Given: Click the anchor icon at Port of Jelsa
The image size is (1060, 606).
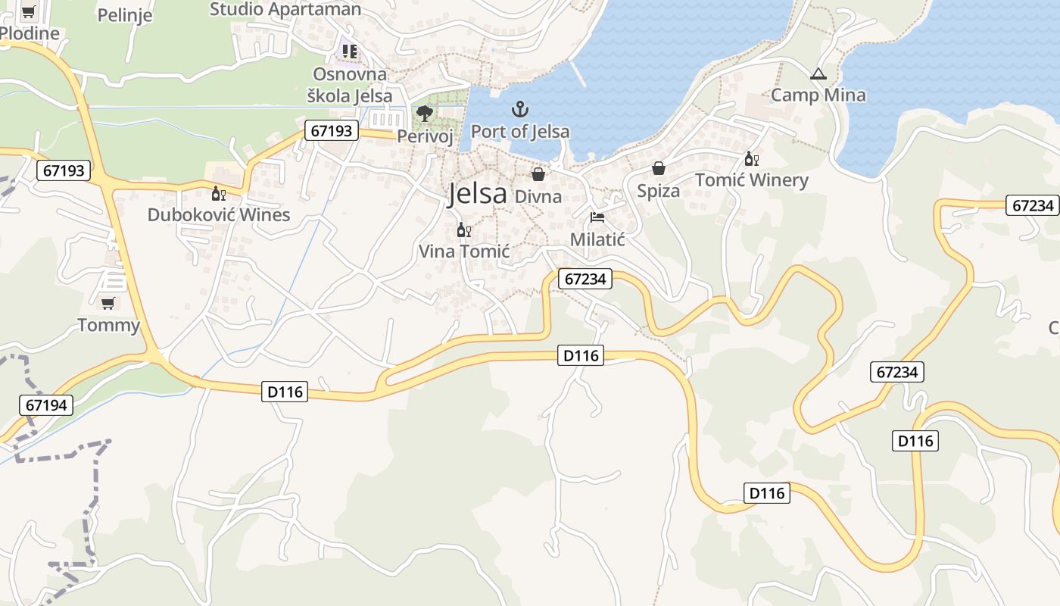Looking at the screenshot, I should (519, 109).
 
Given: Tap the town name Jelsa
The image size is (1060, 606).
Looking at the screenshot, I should (477, 194).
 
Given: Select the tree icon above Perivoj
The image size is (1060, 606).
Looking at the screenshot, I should (425, 114).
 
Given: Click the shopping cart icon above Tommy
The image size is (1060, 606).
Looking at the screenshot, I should (108, 303).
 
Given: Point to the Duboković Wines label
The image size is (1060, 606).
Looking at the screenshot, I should (219, 215).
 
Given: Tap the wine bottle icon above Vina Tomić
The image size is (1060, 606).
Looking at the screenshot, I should (464, 230).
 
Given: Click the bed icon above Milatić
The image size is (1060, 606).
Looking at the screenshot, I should (597, 217).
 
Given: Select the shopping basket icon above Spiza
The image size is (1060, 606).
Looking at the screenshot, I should (659, 168).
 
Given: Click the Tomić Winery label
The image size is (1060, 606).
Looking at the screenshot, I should (752, 180).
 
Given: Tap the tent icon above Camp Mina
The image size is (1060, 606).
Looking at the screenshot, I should (818, 74).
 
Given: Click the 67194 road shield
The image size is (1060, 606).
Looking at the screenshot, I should (46, 405).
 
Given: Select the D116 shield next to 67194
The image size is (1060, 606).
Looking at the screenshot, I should (285, 392).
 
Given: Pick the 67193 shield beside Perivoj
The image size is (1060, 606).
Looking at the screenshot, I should (332, 130).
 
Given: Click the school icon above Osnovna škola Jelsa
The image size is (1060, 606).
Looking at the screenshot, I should (349, 52).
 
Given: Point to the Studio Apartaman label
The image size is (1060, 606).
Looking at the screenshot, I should (285, 9).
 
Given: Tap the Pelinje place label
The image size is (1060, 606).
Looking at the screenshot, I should (125, 15).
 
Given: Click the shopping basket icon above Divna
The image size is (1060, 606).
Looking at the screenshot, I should (538, 175).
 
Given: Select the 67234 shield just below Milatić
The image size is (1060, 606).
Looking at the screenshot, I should (585, 279).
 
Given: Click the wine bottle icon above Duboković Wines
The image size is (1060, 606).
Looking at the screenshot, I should (219, 193).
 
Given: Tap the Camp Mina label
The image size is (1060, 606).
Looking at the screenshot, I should (818, 95).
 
